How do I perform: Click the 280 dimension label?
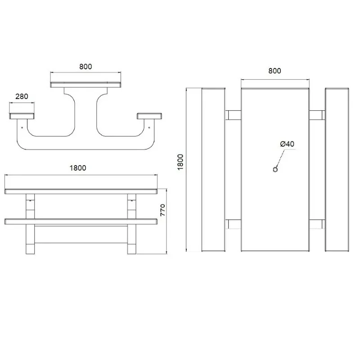click(22, 96)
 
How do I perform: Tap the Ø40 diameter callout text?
click(287, 144)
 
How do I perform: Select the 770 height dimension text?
click(164, 210)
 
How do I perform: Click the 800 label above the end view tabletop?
click(85, 67)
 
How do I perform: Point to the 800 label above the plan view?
click(274, 71)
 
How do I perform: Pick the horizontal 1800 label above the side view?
click(77, 168)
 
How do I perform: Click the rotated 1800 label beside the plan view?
click(180, 162)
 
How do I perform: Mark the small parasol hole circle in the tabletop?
click(275, 169)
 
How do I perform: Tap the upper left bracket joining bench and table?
click(233, 115)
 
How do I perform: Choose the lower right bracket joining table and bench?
click(317, 224)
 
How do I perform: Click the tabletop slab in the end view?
click(85, 85)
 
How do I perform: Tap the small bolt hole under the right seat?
click(149, 127)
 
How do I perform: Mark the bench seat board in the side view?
click(81, 221)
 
